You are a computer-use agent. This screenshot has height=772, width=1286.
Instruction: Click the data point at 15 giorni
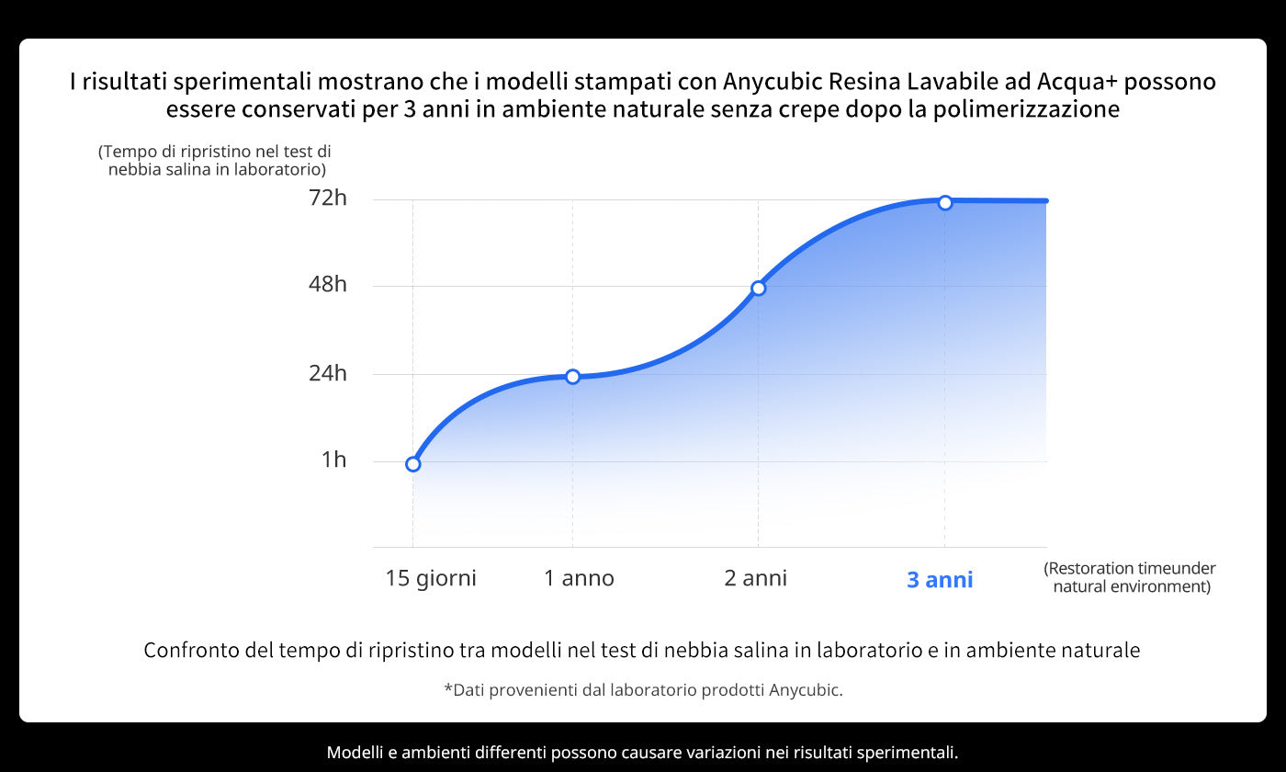pos(412,464)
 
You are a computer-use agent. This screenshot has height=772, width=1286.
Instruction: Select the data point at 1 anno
pos(572,376)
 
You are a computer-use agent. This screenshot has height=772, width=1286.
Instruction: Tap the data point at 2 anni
pos(758,288)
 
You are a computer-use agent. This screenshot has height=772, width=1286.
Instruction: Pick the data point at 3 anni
pos(944,202)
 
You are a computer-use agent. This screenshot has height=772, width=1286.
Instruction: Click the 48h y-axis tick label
pos(328,284)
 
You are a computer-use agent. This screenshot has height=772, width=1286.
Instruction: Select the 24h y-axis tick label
pos(328,373)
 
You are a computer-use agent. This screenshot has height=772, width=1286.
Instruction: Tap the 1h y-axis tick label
pos(333,460)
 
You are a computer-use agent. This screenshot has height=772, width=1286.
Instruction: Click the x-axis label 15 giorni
pos(431,578)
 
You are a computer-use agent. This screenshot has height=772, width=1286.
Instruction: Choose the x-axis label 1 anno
pos(579,578)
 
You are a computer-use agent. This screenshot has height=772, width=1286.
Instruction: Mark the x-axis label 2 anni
pos(755,578)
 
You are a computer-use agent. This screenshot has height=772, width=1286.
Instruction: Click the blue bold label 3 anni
pos(940,580)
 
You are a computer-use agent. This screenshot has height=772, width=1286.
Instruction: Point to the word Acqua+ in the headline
pos(1077,82)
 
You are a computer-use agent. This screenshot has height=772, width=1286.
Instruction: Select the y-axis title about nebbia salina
pos(215,160)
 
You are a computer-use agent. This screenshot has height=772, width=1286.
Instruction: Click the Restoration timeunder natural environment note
pos(1130,577)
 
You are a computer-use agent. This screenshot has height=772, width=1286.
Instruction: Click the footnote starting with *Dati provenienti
pos(643,689)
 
